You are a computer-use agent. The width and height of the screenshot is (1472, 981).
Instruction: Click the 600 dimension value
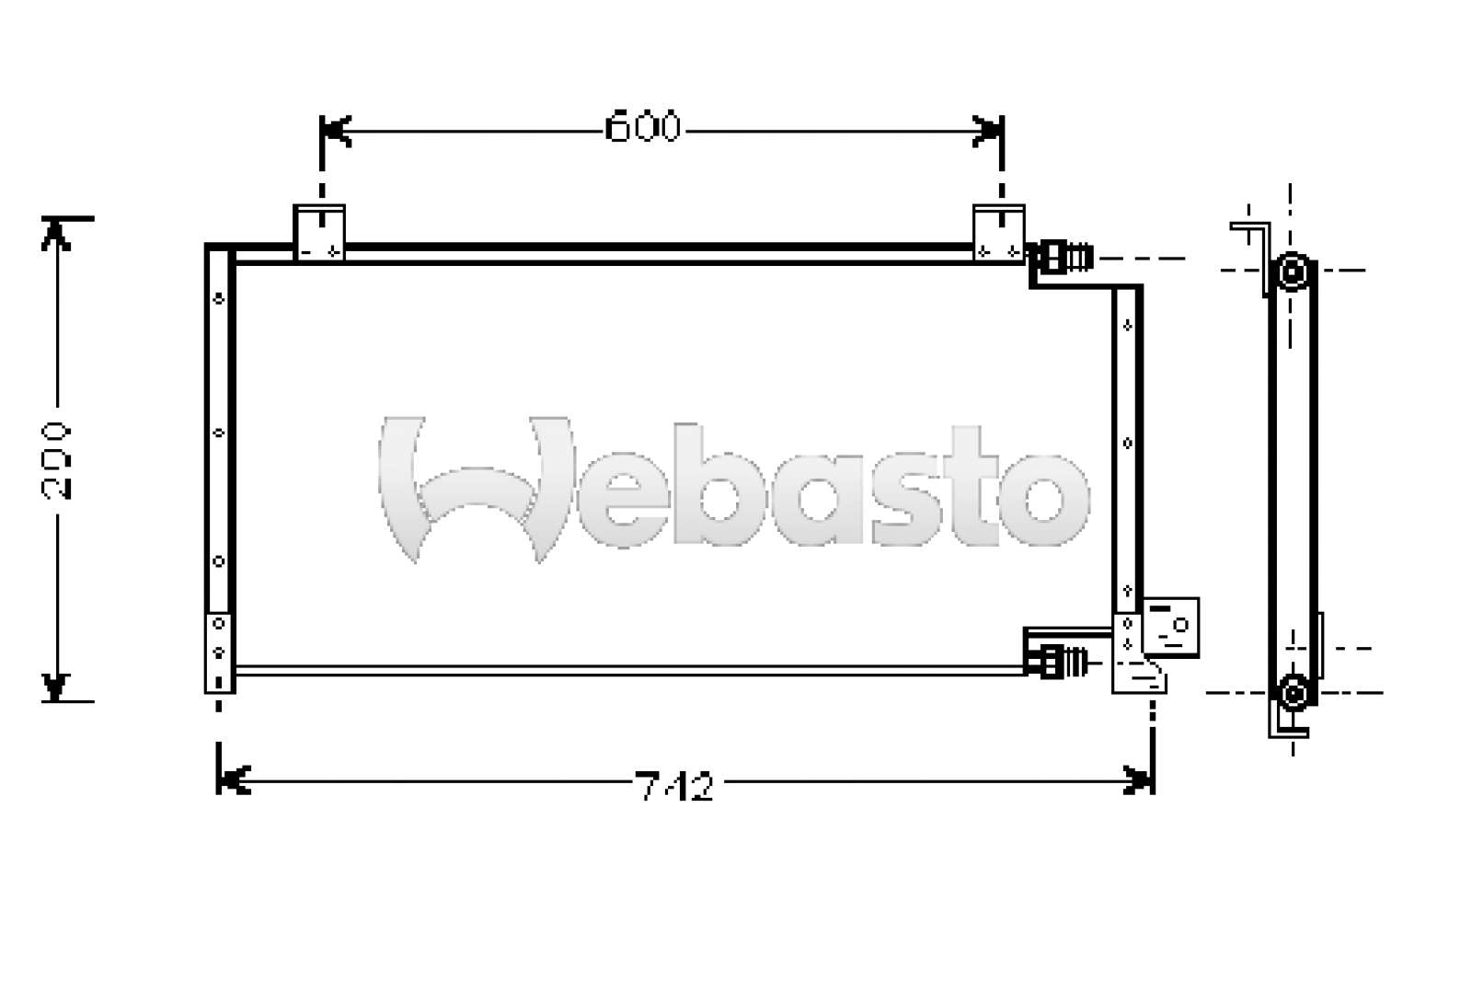pos(643,128)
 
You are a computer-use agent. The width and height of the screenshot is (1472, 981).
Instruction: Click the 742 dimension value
pos(674,787)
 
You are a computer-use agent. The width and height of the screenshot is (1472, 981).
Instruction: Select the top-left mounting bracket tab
pos(319,232)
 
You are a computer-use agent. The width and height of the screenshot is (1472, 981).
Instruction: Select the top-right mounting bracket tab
pos(999,232)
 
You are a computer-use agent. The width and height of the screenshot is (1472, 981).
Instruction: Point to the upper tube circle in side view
pos(1293,271)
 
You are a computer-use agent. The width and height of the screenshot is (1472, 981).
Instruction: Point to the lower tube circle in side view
pos(1293,692)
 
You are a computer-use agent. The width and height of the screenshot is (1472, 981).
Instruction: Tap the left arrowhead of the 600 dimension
pos(336,132)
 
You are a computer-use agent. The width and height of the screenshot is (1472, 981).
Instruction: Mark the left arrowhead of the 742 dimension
pos(233,781)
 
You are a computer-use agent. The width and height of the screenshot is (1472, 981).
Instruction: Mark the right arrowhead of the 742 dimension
pos(1139,781)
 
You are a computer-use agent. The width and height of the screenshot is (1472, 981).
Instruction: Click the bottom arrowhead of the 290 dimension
pos(56,686)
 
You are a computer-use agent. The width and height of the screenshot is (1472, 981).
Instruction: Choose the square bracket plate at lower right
pos(1171,628)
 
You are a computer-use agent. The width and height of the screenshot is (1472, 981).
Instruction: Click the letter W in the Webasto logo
pos(474,488)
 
